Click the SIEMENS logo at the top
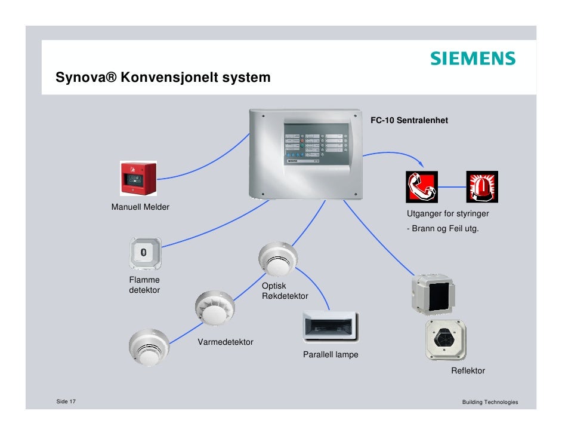pyautogui.click(x=472, y=59)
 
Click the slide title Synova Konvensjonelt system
pyautogui.click(x=162, y=78)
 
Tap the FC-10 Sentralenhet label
pyautogui.click(x=409, y=121)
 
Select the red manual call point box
pyautogui.click(x=138, y=177)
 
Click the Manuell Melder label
pyautogui.click(x=140, y=207)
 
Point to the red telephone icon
pyautogui.click(x=422, y=186)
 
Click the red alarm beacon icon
pyautogui.click(x=482, y=186)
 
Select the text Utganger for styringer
pyautogui.click(x=448, y=214)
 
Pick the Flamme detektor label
pyautogui.click(x=144, y=285)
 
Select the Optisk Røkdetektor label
pyautogui.click(x=285, y=291)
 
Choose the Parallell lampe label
pyautogui.click(x=331, y=354)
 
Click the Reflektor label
pyautogui.click(x=468, y=371)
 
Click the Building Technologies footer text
pyautogui.click(x=490, y=402)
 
